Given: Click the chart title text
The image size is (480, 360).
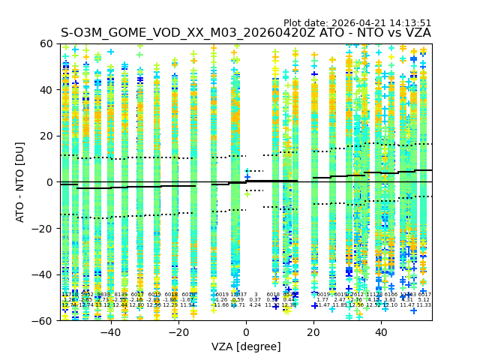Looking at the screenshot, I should pos(246,33).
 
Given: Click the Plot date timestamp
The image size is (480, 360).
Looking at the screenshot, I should pos(358,23).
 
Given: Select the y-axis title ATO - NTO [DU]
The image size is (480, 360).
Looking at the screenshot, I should pos(21,182).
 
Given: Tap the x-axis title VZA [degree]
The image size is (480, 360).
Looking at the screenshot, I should pos(246,346).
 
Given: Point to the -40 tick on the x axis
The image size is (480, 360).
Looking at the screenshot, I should pos(110,331).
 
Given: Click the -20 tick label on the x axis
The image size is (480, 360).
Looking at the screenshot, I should pos(178,331).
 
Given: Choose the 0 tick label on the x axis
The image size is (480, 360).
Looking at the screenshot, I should pos(246,331).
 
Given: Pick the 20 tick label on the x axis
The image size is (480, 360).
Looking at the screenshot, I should pos(313,331).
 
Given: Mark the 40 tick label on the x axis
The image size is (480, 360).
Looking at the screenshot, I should pos(381,331).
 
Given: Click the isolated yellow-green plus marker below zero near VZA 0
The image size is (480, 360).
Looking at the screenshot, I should pos(247,193).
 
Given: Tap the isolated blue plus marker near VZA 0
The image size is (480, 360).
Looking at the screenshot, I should pos(247,177).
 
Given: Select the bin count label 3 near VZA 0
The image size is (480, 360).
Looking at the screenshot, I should pos(255,295).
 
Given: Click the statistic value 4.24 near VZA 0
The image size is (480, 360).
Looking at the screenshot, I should pos(255,305).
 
